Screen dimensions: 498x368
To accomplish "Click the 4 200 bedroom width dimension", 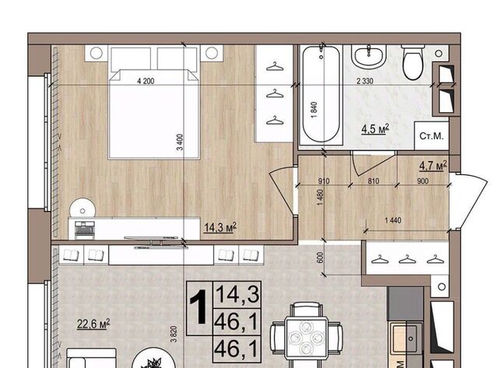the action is point(146,81).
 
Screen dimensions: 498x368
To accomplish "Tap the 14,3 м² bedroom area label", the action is point(220,227).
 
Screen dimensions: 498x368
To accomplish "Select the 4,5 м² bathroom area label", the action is point(375,129).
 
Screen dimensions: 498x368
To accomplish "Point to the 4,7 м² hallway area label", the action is point(433,165).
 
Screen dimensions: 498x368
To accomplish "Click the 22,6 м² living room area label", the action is point(93,324).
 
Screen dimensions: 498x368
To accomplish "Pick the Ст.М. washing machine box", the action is point(431,136).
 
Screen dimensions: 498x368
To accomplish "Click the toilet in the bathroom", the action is point(413,62).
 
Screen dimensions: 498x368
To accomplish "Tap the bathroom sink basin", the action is point(369,56).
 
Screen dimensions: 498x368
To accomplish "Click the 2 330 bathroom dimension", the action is point(365,81).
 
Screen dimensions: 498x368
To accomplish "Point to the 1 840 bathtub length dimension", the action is point(314,110).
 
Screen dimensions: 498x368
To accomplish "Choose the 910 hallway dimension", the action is point(324,181).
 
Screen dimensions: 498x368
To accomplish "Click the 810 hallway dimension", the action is point(373,181).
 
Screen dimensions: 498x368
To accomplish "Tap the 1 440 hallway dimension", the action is point(393,220).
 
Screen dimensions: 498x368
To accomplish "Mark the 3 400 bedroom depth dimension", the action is point(180,142).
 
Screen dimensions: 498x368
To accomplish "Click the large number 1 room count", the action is point(199,308).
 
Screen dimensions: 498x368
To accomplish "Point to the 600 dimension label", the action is point(320,258).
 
